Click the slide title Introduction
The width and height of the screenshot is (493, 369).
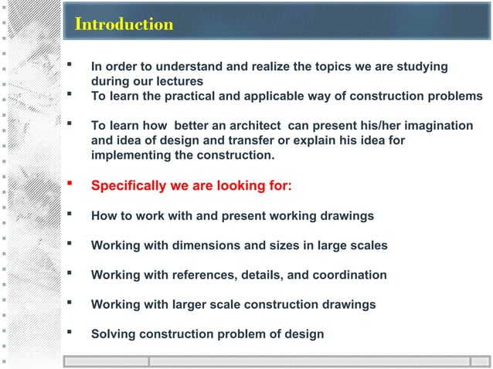(124, 25)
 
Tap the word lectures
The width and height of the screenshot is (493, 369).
(178, 81)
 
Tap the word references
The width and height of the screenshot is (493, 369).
(184, 275)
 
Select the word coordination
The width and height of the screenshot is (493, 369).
(347, 275)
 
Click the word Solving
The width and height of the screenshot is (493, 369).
(113, 334)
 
